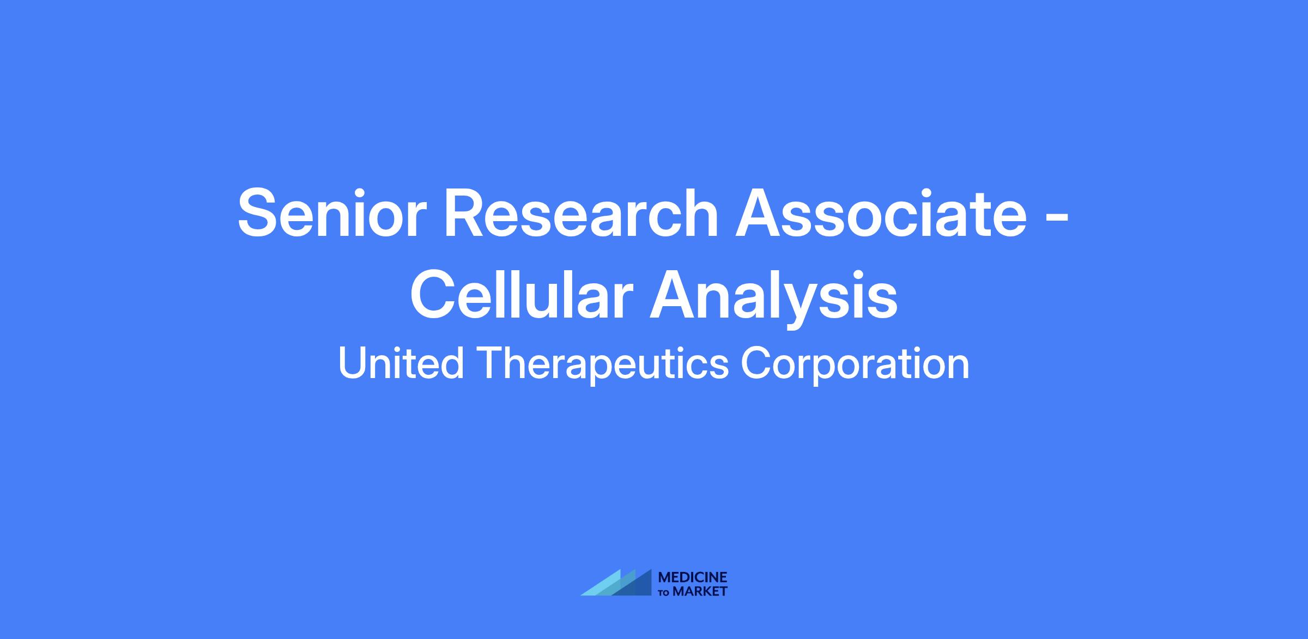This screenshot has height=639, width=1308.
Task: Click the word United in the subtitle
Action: pos(401,363)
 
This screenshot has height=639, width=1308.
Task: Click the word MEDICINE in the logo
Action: pos(693,577)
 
